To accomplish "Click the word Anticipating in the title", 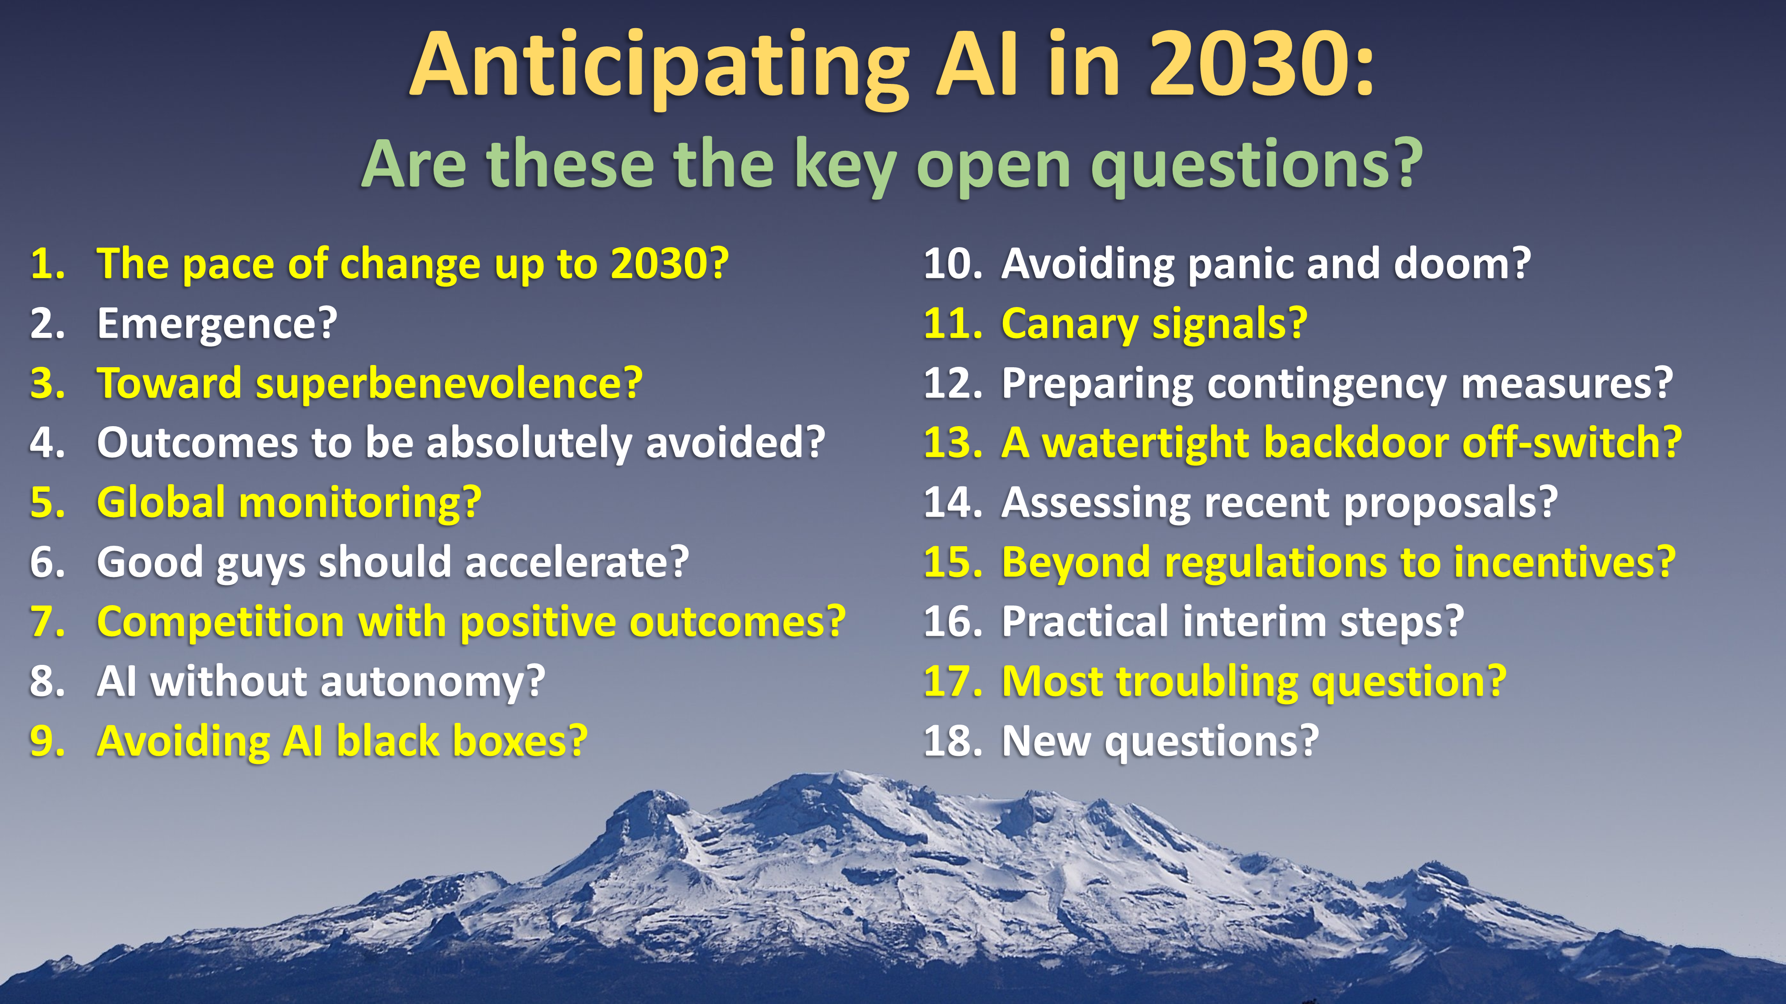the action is pos(659,68).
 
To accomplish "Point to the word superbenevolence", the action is pos(449,384).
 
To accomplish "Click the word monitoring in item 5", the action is pos(360,503).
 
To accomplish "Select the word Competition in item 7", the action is pos(221,622).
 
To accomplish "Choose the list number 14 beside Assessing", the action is pos(953,502).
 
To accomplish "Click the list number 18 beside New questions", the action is pos(953,741).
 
